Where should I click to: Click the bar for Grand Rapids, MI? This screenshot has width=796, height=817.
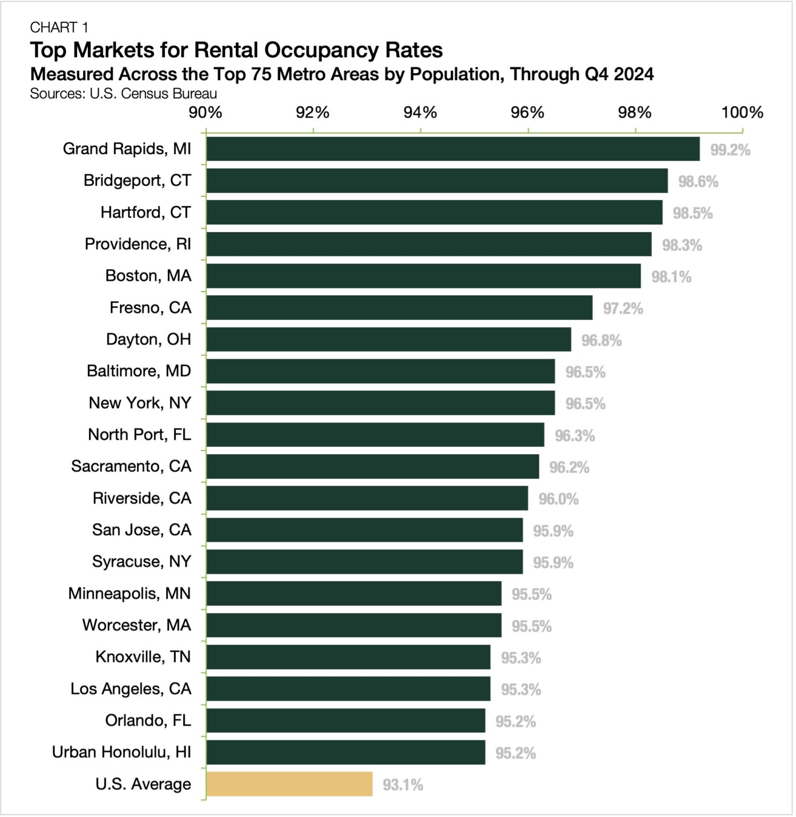[453, 149]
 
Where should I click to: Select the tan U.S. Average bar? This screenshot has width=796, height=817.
[290, 785]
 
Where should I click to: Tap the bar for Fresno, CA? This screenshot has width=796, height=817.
[399, 308]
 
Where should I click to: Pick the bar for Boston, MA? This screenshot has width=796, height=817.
[424, 276]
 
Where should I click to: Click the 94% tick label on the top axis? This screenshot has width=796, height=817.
[420, 112]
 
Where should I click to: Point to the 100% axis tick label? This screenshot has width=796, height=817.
[742, 112]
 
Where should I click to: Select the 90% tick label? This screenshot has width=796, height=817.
[206, 112]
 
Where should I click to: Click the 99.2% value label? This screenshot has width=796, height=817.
[730, 150]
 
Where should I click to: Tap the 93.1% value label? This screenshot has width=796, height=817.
[403, 785]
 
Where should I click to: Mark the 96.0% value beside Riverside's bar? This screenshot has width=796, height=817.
[558, 499]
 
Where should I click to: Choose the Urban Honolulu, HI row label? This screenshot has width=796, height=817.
[121, 753]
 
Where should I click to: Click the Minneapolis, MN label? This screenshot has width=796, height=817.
[129, 594]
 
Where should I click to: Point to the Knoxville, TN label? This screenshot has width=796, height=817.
[143, 657]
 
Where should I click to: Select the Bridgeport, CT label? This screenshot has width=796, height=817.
[137, 181]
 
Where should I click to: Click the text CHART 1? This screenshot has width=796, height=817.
[59, 27]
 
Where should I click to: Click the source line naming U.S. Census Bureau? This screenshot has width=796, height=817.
[124, 94]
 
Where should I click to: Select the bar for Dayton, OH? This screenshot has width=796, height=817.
[389, 340]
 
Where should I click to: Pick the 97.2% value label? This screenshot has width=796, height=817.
[622, 309]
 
